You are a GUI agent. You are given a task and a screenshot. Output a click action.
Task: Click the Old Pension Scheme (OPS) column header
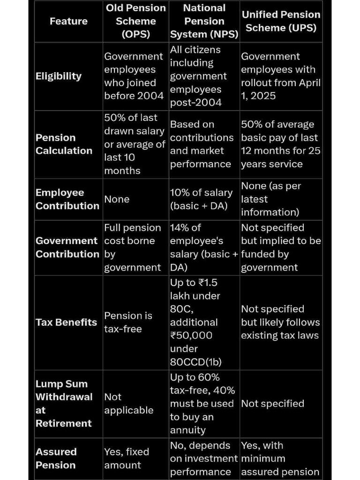point(135,21)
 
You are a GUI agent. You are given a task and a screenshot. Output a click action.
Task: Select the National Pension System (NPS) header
point(204,21)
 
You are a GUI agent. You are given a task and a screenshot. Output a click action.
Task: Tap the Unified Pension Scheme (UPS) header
point(281,21)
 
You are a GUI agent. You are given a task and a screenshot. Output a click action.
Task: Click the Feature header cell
point(68,21)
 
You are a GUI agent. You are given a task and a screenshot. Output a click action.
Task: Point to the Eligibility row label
point(59,76)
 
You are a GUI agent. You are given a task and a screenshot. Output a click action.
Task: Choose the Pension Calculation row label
point(64,144)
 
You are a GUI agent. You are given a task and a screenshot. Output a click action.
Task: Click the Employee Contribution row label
point(67,199)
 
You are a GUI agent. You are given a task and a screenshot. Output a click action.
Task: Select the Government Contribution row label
point(67,247)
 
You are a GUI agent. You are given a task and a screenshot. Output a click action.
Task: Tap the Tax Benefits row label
point(66,322)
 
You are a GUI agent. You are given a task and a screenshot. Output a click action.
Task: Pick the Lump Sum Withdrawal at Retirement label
point(64,403)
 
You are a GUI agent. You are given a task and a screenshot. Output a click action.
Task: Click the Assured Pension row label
point(56,458)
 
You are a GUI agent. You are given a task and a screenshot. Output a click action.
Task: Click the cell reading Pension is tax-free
point(128,322)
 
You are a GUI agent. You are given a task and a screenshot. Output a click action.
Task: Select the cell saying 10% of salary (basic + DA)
point(201,199)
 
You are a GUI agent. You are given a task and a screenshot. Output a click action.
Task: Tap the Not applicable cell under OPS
point(128,404)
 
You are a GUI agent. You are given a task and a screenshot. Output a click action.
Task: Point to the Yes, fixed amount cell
point(127,458)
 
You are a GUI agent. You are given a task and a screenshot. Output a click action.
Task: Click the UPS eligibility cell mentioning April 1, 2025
point(281,76)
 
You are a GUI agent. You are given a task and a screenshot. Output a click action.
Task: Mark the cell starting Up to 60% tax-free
point(202,404)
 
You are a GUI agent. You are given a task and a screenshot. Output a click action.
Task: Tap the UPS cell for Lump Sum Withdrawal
point(272,404)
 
